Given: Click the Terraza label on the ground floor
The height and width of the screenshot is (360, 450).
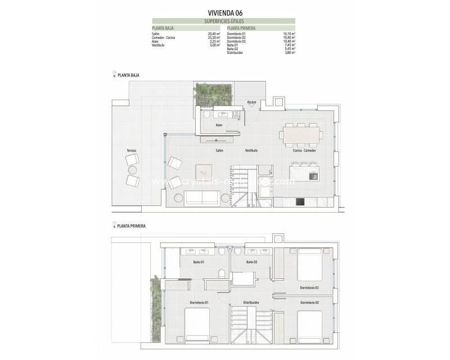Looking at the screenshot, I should [131, 151].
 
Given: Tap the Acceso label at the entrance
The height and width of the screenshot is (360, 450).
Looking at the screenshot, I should [251, 102].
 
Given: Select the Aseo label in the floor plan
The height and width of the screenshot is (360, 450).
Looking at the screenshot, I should [219, 124].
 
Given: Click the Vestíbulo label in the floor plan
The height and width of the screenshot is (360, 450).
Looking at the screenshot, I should [251, 151].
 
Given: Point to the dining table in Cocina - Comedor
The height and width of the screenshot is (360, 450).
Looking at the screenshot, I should [301, 134].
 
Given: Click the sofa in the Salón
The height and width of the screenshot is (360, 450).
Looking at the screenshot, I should [202, 197].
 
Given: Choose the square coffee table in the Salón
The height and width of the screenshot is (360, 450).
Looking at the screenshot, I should [204, 171].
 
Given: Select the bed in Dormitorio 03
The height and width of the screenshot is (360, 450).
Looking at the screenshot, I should [309, 264].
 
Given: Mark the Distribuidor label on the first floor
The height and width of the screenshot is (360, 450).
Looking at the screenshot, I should [251, 303].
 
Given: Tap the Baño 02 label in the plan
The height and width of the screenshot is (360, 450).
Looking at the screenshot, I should [251, 262].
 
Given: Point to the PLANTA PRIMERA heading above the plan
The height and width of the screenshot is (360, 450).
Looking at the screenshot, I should [131, 226].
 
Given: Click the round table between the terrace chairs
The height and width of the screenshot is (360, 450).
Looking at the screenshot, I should [132, 169].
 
